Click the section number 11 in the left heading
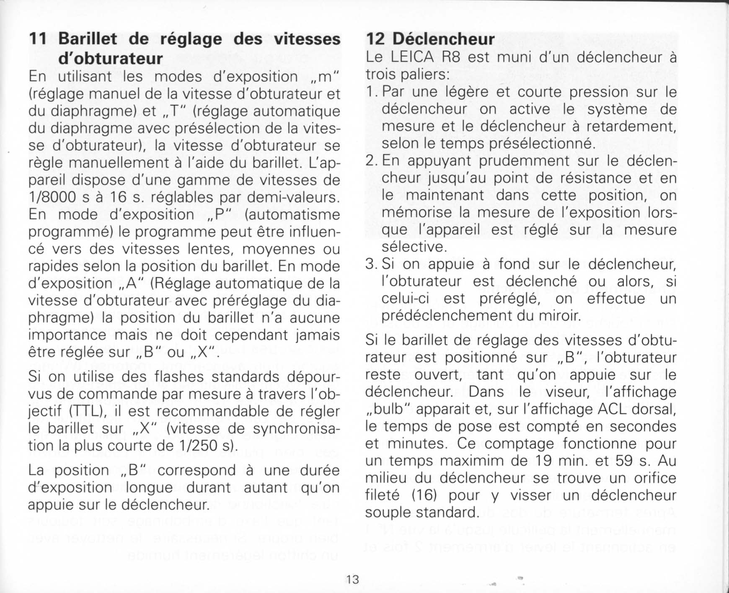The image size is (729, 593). pyautogui.click(x=38, y=39)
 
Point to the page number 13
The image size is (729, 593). pyautogui.click(x=352, y=579)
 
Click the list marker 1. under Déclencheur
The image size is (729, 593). pyautogui.click(x=372, y=92)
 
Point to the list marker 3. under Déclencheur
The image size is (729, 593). pyautogui.click(x=372, y=265)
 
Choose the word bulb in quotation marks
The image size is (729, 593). pyautogui.click(x=389, y=409)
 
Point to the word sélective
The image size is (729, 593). pyautogui.click(x=414, y=247)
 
